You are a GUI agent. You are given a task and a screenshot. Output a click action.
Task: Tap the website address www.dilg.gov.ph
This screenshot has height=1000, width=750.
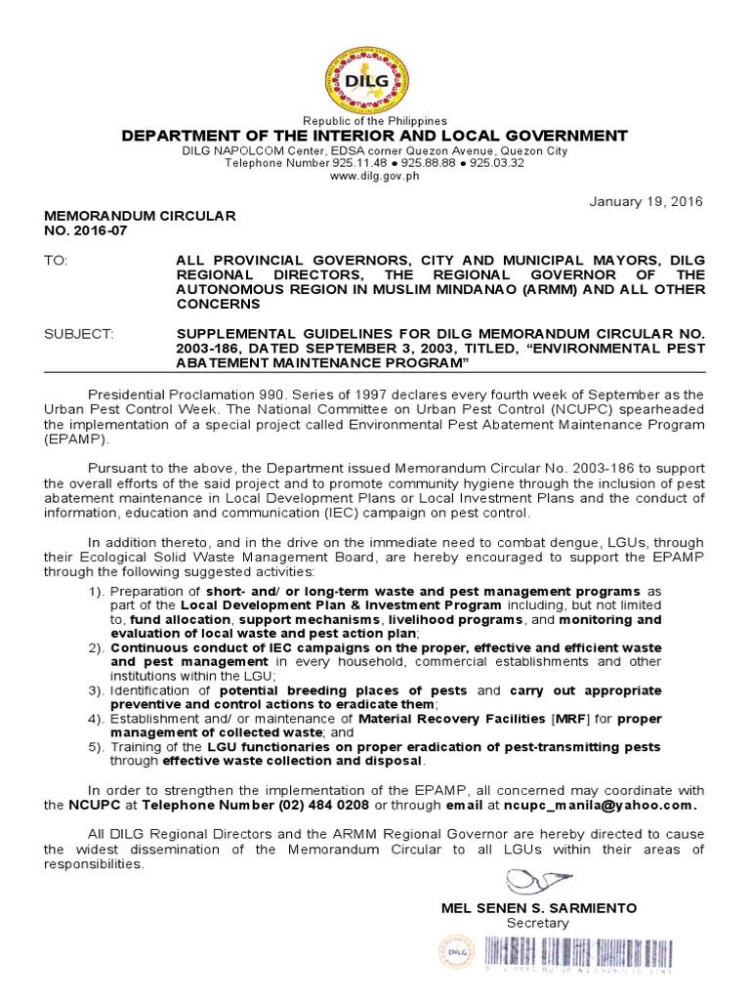pos(374,176)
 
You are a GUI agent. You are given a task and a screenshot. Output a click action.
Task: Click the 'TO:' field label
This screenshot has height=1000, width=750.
pos(57,261)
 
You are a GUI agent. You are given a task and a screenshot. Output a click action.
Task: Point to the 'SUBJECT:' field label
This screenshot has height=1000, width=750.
pos(79,334)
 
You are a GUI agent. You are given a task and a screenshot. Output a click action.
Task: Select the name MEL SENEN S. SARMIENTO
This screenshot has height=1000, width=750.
pos(539,907)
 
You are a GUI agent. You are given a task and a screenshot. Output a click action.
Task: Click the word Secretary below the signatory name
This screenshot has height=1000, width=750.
pos(537,923)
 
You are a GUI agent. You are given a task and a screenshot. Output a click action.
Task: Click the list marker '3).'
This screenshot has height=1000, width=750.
pos(96,690)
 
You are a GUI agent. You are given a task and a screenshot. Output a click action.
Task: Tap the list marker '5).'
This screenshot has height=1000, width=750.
pos(96,747)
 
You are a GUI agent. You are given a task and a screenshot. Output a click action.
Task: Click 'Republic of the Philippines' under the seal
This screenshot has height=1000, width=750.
pos(375,121)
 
